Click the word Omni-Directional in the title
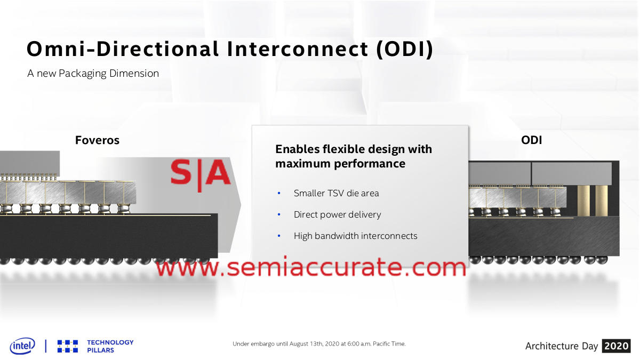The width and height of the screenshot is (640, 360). (x=123, y=49)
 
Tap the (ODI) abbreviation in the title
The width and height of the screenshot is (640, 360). (x=405, y=50)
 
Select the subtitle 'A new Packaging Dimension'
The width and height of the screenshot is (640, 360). (x=93, y=74)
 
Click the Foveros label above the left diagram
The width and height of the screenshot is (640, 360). (x=97, y=140)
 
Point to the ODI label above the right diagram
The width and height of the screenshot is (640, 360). (x=531, y=140)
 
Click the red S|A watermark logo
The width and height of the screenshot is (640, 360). (x=201, y=174)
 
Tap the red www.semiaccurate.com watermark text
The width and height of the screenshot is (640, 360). (x=311, y=267)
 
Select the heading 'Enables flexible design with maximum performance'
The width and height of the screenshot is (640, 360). (x=354, y=156)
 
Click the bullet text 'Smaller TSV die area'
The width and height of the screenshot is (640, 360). (x=337, y=193)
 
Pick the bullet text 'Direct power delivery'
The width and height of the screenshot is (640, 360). (x=338, y=214)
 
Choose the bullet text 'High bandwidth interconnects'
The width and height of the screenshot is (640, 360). (x=355, y=236)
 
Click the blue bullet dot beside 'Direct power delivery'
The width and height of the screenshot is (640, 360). (x=279, y=214)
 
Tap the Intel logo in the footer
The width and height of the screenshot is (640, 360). (x=22, y=346)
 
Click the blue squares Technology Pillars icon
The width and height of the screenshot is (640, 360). (x=68, y=346)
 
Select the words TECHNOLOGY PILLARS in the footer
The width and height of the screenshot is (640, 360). (x=110, y=346)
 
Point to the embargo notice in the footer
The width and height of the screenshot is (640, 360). (x=319, y=343)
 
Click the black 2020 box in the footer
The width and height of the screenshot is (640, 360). (x=617, y=346)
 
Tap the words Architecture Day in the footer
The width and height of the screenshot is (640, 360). (x=562, y=346)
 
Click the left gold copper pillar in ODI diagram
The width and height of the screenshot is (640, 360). (x=583, y=201)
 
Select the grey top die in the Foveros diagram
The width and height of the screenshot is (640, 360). (x=30, y=163)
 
